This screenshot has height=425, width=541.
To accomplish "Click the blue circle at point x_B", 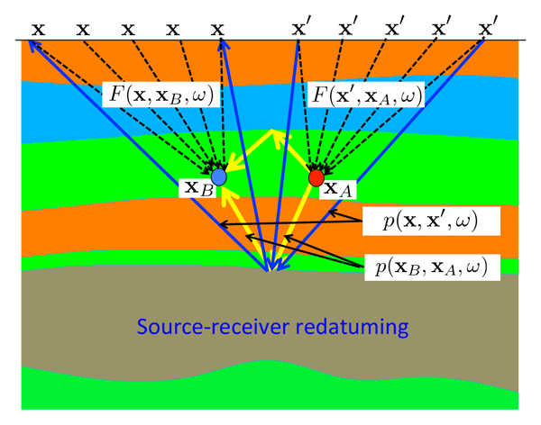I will [218, 177].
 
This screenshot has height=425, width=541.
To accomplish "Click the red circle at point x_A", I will [316, 178].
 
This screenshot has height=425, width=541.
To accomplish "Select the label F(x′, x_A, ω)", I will [365, 94].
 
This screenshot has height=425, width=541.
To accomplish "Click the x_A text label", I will [336, 189].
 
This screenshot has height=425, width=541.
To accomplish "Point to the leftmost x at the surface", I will [38, 28].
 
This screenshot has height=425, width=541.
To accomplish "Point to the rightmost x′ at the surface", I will [490, 28].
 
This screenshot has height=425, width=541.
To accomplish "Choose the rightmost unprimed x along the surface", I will [217, 28].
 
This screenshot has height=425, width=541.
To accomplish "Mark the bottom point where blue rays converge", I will [268, 269].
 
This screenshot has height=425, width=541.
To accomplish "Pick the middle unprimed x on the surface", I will [128, 28].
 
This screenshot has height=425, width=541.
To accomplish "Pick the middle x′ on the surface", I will [395, 28].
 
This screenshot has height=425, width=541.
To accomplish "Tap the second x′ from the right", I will [443, 28].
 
